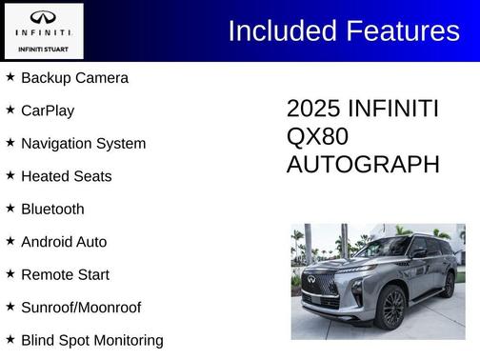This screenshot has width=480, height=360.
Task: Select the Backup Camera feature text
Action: click(74, 78)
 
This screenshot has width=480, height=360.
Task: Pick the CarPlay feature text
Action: click(48, 110)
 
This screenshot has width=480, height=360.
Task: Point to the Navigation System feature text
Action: click(83, 144)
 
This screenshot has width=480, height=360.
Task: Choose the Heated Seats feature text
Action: click(66, 176)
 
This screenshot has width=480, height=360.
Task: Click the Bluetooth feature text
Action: click(52, 210)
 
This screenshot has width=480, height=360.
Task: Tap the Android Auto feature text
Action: click(64, 242)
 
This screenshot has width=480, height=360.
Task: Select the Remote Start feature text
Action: click(65, 275)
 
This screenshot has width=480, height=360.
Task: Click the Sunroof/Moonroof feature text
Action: click(81, 308)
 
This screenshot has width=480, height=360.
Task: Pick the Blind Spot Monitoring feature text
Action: click(91, 340)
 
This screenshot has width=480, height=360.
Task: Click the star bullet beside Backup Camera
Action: click(10, 77)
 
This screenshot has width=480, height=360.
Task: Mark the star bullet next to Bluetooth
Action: click(10, 209)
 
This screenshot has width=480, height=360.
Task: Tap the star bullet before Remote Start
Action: click(10, 274)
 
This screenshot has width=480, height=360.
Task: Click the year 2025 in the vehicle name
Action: click(313, 109)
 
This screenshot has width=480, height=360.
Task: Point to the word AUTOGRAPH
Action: click(363, 164)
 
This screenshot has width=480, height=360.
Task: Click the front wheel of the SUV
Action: click(392, 308)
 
